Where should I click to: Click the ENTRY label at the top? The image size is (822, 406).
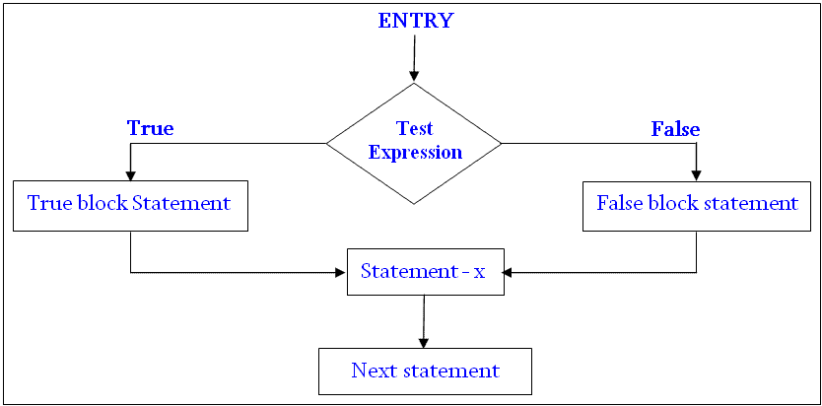click(x=415, y=21)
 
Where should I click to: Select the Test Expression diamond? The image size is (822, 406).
click(x=414, y=143)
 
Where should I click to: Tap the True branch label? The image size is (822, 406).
click(x=150, y=128)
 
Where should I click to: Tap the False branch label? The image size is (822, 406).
click(x=675, y=129)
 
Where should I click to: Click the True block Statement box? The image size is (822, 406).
click(x=129, y=205)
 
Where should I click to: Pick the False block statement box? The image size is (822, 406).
click(x=697, y=205)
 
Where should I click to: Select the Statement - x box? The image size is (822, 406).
click(x=425, y=271)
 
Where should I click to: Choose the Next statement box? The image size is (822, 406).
click(x=425, y=372)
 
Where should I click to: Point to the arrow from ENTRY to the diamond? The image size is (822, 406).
click(x=414, y=59)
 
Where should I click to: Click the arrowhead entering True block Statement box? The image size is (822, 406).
click(x=130, y=175)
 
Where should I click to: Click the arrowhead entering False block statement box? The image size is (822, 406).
click(x=697, y=175)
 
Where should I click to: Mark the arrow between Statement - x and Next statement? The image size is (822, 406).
click(x=424, y=320)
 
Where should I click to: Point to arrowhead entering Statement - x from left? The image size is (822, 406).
click(x=341, y=272)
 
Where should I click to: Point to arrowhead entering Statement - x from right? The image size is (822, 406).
click(x=510, y=272)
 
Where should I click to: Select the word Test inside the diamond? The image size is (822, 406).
click(x=415, y=129)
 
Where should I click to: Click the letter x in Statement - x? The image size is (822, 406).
click(x=480, y=272)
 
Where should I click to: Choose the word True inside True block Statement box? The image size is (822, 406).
click(x=48, y=204)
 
